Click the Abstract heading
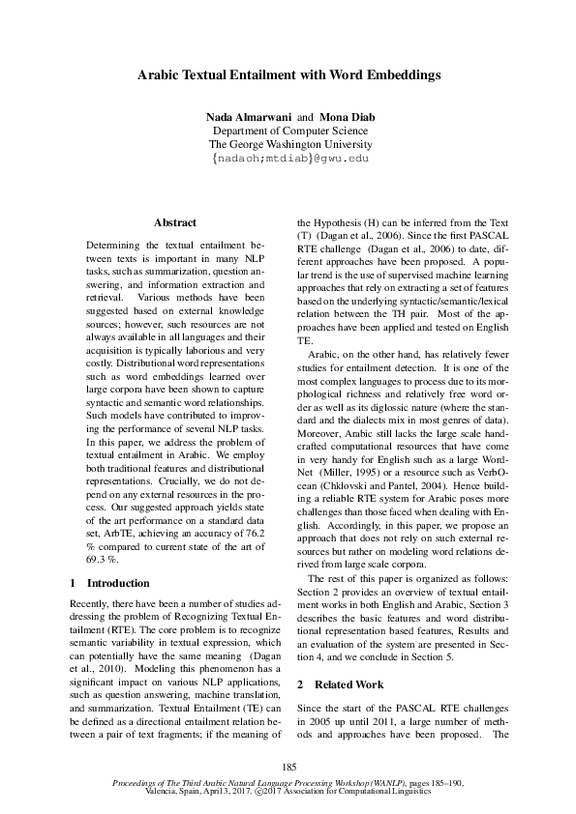point(175,222)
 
